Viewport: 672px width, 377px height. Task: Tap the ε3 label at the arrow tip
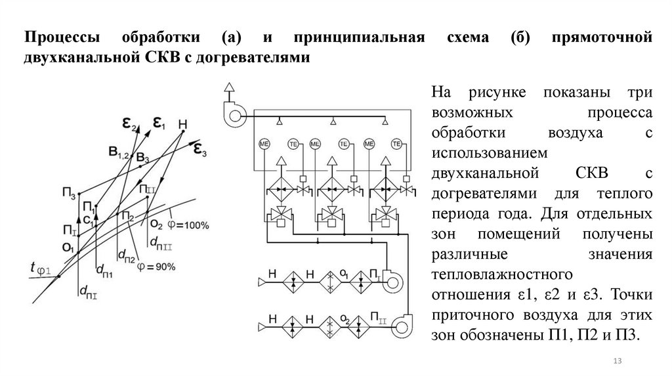(199, 151)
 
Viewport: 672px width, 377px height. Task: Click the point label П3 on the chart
(69, 192)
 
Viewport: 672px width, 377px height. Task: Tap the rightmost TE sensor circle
(397, 144)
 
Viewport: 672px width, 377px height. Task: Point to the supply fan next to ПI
(392, 282)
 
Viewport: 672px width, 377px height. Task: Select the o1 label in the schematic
(341, 272)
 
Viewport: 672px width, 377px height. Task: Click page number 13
(616, 362)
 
